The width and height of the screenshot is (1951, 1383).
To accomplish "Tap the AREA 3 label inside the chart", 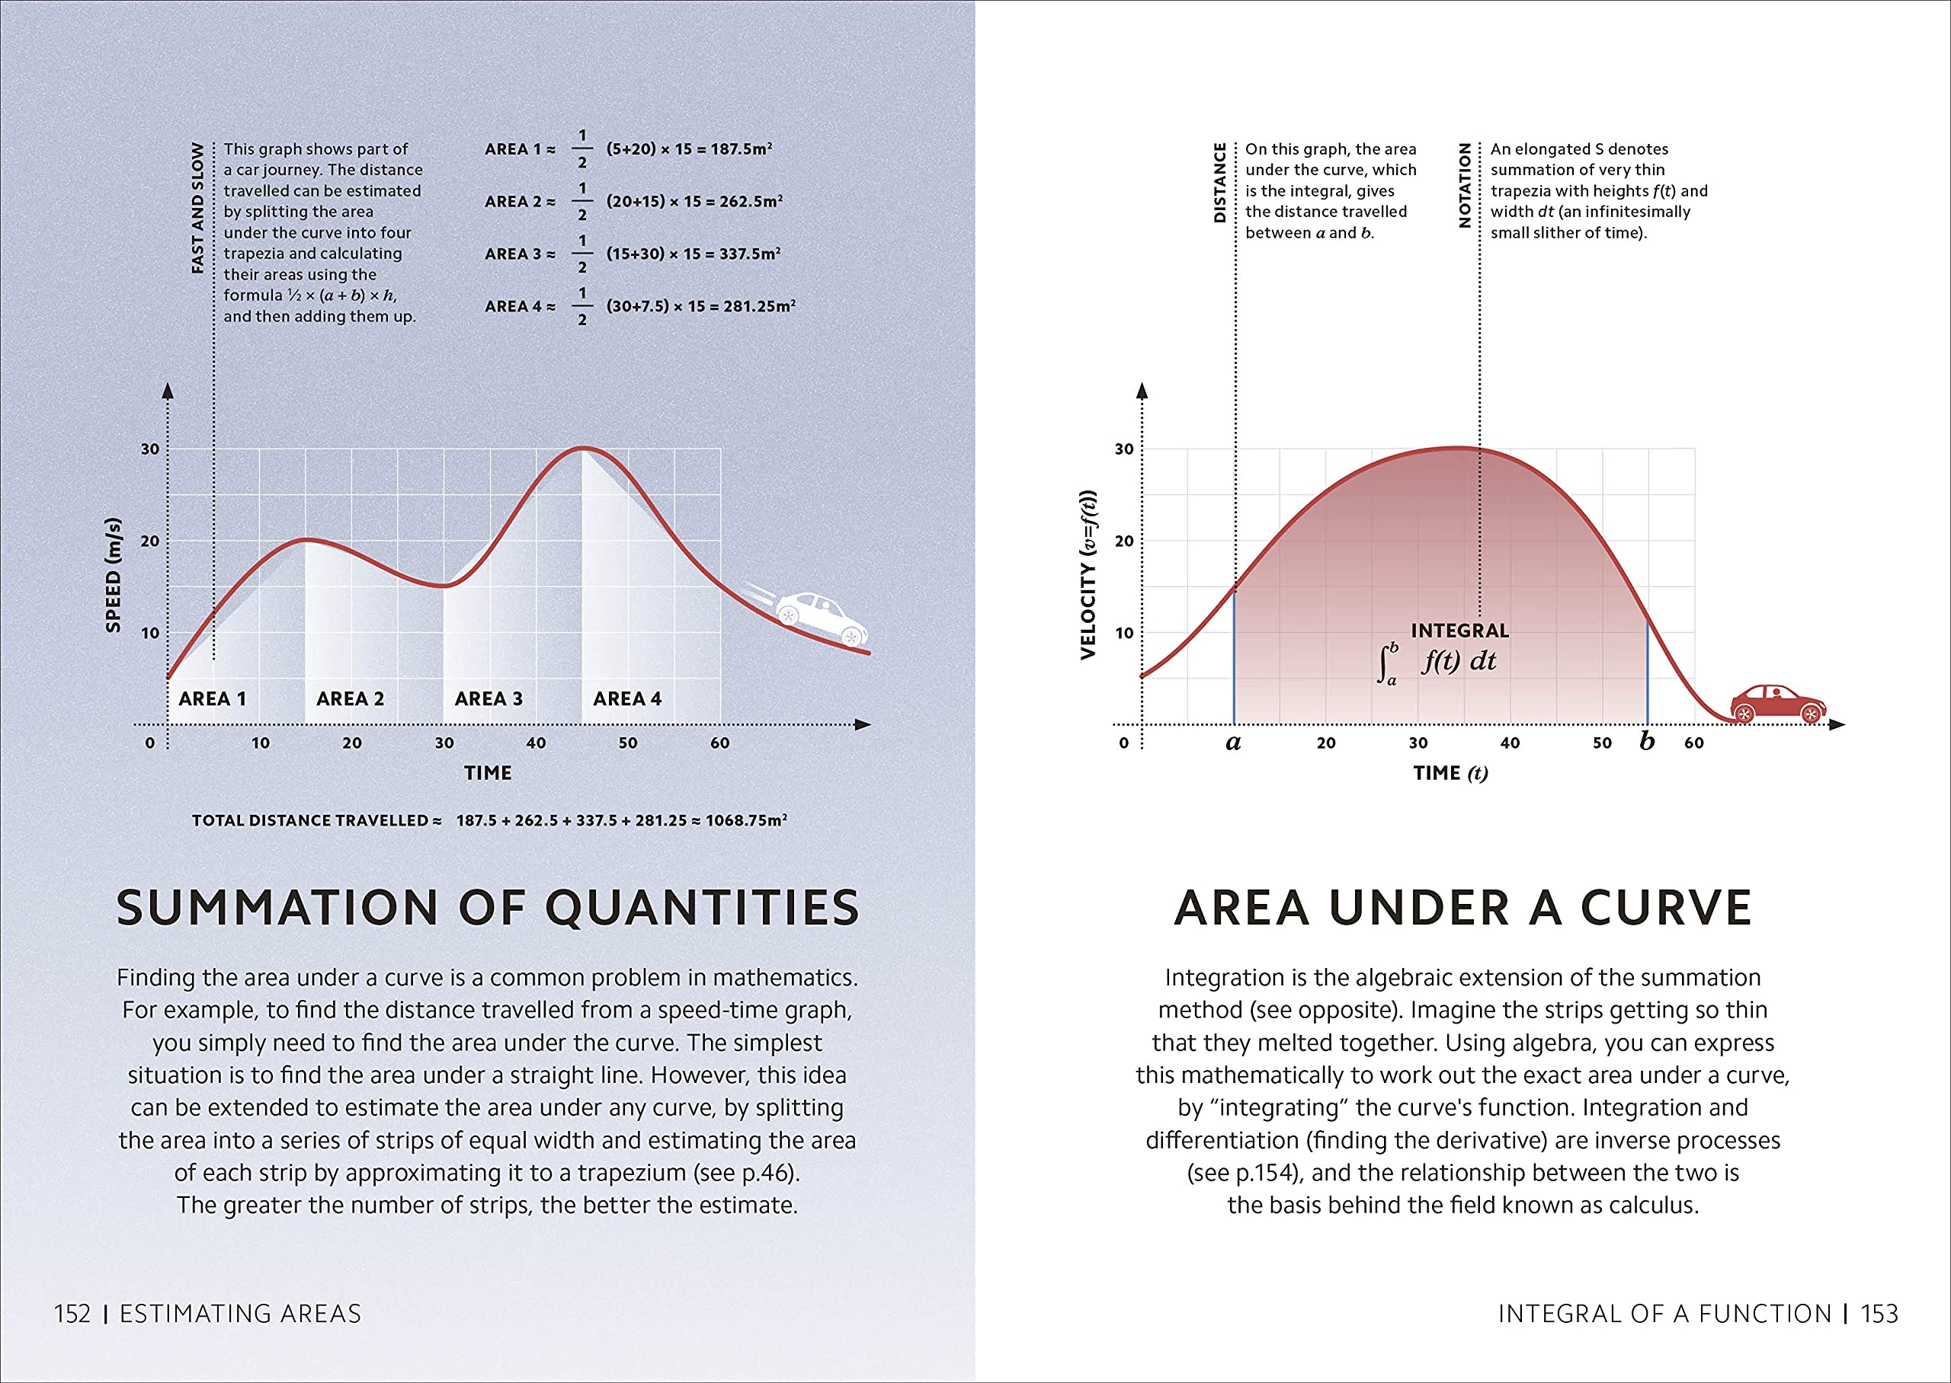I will (x=489, y=699).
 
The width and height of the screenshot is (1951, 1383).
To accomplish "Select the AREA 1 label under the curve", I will (x=212, y=699).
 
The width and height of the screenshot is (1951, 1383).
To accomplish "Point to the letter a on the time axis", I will (x=1233, y=743).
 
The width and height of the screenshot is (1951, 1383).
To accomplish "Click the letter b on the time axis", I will (x=1647, y=741).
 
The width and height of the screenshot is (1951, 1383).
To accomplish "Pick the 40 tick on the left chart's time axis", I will (x=536, y=743).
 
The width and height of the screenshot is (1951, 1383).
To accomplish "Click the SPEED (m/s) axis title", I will (x=114, y=575).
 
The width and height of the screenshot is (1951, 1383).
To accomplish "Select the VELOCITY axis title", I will (x=1088, y=575).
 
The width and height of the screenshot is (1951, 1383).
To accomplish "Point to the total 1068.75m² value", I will (x=745, y=820).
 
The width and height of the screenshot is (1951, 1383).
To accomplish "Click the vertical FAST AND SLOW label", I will (x=197, y=208).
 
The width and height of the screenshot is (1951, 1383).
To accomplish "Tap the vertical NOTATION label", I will (x=1465, y=185).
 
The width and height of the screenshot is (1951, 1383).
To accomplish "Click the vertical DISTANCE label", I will (x=1219, y=182).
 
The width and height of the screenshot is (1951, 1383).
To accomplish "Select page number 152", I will (x=72, y=1314).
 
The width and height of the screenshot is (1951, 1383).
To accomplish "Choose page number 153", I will (x=1879, y=1314).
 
